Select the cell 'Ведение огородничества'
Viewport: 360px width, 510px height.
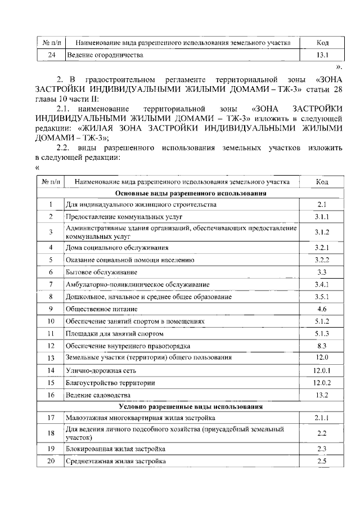[105, 55]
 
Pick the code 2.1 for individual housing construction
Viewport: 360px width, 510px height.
[322, 204]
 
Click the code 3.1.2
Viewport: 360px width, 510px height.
[322, 232]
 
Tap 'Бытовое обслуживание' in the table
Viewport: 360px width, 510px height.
[101, 272]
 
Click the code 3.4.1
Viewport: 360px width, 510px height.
[322, 284]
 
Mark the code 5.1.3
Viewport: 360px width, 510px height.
[322, 333]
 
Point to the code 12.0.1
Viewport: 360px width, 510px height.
[322, 370]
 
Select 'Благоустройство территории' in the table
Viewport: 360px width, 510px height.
[110, 383]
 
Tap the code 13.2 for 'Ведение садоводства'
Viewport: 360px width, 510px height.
[322, 395]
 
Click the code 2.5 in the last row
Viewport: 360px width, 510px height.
[322, 461]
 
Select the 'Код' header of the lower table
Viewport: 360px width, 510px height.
[322, 182]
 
